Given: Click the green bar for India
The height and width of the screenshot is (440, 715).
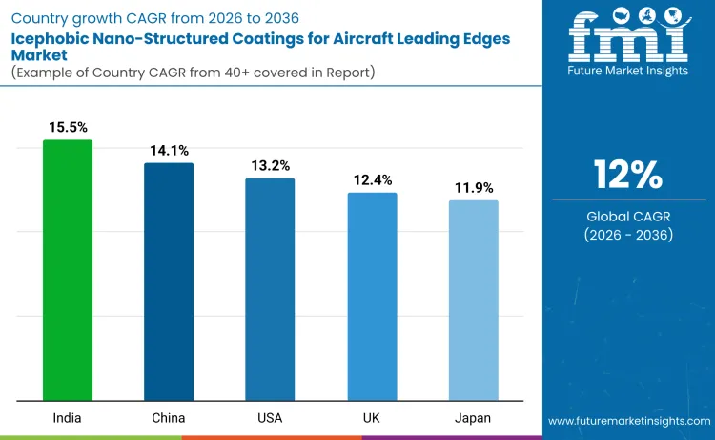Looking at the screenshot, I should point(68,270).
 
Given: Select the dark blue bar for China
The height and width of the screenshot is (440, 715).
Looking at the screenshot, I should point(169,282).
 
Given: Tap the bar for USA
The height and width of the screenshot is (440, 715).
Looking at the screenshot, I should point(270,289).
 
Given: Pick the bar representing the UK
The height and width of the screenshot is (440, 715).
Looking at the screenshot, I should point(372,297).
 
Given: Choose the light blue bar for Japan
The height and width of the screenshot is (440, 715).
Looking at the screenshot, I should point(473,301).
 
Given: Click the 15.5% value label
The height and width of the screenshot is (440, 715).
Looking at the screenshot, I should point(68,127).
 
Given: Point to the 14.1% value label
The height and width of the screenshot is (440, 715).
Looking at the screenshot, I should point(169,150).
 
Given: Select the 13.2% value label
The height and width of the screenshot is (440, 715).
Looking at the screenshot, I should point(270,165).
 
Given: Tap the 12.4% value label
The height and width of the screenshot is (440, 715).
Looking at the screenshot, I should point(372,179).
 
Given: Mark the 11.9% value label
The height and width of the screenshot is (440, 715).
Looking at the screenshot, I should point(473,187).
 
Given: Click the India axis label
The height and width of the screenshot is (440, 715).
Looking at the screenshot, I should point(68,418).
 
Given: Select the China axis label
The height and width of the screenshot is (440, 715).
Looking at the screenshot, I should point(169,418).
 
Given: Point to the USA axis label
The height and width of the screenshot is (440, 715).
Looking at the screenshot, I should point(270,418).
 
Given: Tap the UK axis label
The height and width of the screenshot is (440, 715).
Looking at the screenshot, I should point(372,418).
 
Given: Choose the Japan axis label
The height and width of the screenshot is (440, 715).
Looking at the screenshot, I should point(473,418).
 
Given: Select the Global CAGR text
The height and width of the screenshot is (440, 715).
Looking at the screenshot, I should point(627,217).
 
